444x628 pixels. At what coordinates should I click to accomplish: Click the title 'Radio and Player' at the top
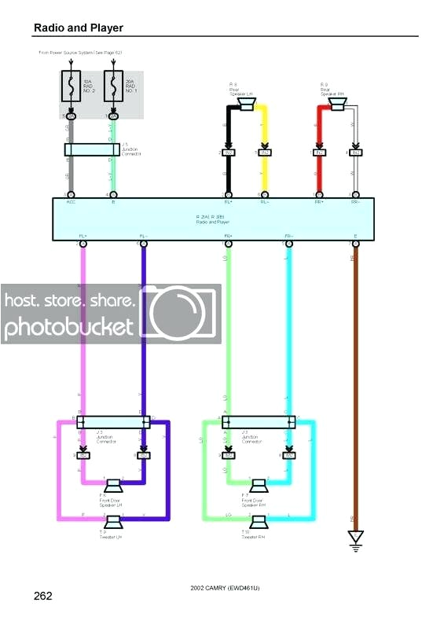(78, 28)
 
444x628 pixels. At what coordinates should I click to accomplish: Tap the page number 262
(42, 596)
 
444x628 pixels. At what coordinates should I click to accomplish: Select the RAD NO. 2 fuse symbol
(72, 87)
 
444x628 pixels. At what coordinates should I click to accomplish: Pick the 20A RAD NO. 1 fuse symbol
(113, 87)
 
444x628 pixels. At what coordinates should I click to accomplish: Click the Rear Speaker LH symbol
(246, 105)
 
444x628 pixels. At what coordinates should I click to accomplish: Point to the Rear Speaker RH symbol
(337, 105)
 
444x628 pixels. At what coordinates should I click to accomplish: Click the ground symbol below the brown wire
(355, 538)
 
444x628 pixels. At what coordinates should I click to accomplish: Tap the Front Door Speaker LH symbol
(113, 485)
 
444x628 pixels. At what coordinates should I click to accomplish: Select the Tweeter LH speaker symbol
(113, 521)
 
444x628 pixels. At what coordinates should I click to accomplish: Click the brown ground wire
(355, 377)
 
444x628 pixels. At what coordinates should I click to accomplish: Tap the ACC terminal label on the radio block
(71, 202)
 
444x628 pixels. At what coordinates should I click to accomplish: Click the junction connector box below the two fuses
(92, 149)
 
